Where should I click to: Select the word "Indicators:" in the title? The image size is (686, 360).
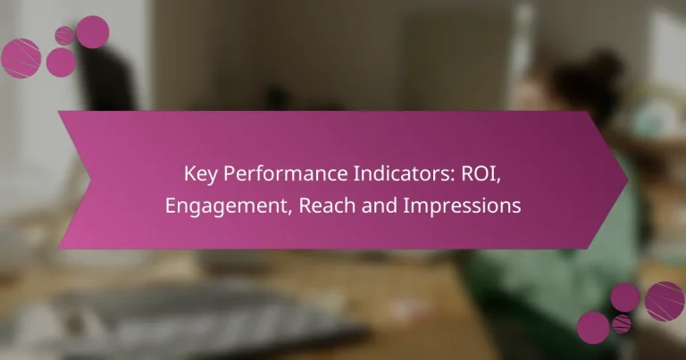pos(405,173)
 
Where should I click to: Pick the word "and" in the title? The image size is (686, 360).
pos(380,205)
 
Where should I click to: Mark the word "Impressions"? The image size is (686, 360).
pos(462,206)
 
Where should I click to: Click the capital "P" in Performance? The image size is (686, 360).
pos(230,173)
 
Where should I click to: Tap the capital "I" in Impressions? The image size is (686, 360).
pos(406,205)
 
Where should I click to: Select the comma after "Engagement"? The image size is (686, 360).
pos(290,213)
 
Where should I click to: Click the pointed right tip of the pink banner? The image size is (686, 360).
pos(628,180)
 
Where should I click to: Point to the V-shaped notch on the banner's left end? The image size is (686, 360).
pos(89,180)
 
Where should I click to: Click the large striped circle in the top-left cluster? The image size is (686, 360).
pos(21,58)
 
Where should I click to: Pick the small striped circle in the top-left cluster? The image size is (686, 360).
pos(64,36)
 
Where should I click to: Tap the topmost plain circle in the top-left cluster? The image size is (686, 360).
pos(93,32)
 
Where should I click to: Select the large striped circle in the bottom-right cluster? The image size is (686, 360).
pos(665,301)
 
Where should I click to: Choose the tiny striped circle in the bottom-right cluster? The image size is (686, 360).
pos(622,323)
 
